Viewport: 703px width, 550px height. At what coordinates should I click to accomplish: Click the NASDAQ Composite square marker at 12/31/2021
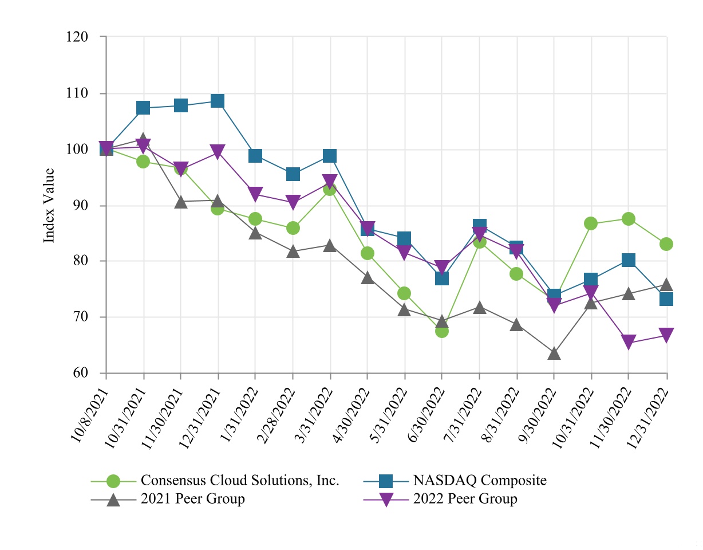218,101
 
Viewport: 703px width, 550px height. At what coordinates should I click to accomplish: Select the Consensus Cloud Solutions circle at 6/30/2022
442,331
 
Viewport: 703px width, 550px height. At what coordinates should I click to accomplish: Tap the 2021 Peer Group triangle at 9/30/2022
554,353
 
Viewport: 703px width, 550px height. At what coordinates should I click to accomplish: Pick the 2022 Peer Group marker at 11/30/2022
629,343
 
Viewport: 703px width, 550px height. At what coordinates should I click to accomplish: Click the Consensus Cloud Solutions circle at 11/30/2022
629,219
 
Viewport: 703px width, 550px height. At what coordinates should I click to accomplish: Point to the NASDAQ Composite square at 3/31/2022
330,156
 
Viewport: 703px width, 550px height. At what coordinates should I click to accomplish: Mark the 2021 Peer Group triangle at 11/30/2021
181,202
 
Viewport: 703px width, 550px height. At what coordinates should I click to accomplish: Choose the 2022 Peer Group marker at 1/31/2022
255,194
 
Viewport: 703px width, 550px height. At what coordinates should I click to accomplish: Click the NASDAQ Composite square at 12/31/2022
666,298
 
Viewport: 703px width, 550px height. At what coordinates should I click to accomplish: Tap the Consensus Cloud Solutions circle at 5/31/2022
405,293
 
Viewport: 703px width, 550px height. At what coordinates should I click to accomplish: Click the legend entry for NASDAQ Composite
480,480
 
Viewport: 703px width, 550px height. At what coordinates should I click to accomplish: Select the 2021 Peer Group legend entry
192,499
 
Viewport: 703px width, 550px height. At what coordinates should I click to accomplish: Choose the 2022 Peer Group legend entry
465,499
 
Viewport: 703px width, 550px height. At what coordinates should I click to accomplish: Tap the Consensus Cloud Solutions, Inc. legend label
240,480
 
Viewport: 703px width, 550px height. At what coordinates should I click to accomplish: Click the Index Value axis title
50,205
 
